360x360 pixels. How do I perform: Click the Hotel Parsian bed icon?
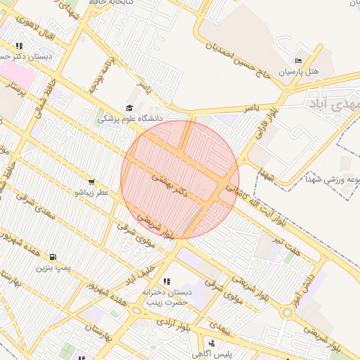(x=299, y=61)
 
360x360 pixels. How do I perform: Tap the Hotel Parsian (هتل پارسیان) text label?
(x=299, y=72)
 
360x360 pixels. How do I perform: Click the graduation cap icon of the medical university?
(x=129, y=108)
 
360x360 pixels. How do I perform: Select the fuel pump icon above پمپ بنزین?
(x=53, y=257)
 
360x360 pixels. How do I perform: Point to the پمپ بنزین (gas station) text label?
(x=54, y=268)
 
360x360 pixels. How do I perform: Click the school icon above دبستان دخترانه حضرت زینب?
(x=167, y=282)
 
